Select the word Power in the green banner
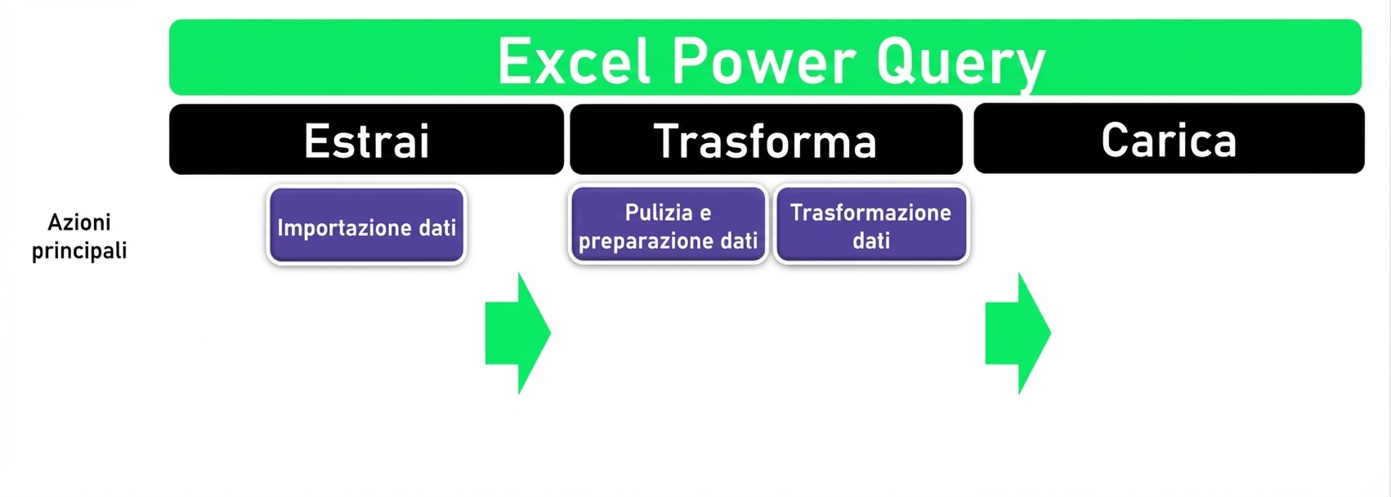pos(764,61)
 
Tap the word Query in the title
pos(960,63)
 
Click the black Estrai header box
pos(366,140)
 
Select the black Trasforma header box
pos(766,140)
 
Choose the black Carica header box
pos(1169,139)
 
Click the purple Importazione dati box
pos(366,226)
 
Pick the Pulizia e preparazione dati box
pos(668,226)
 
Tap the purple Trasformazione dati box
pos(871,226)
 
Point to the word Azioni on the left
pos(79,222)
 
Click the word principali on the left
pos(79,250)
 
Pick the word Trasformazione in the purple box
pos(870,213)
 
